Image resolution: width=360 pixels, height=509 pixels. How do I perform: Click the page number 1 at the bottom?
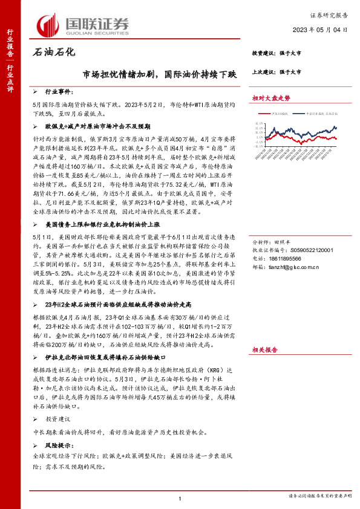click(x=180, y=498)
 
